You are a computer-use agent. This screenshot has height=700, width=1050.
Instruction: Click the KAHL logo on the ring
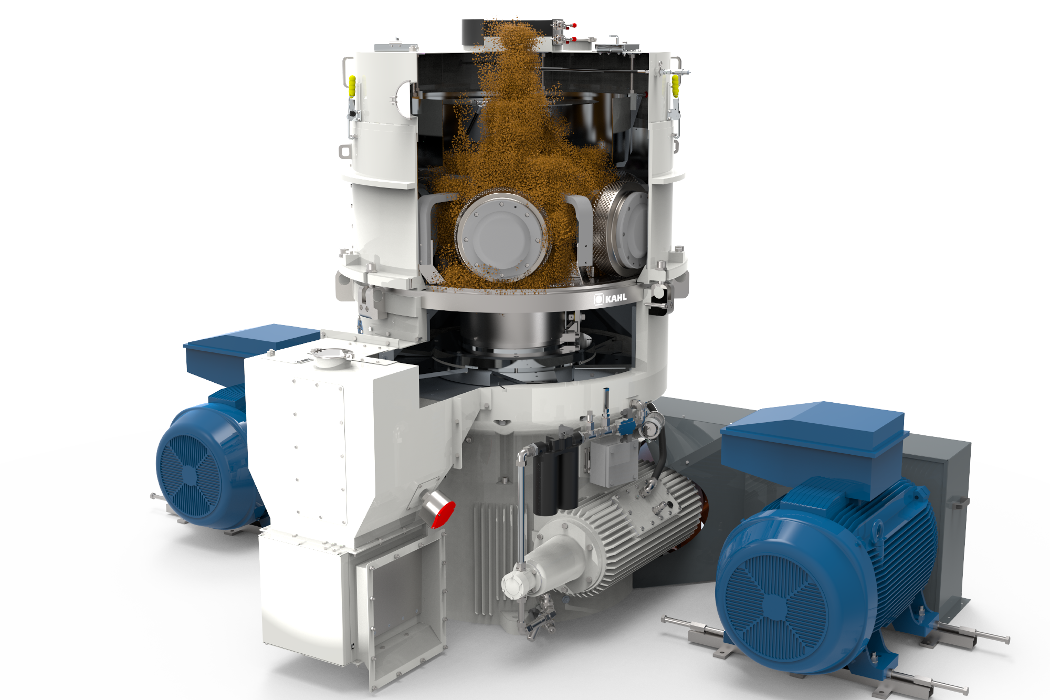[610, 298]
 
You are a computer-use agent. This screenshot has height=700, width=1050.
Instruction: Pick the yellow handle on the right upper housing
[675, 85]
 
